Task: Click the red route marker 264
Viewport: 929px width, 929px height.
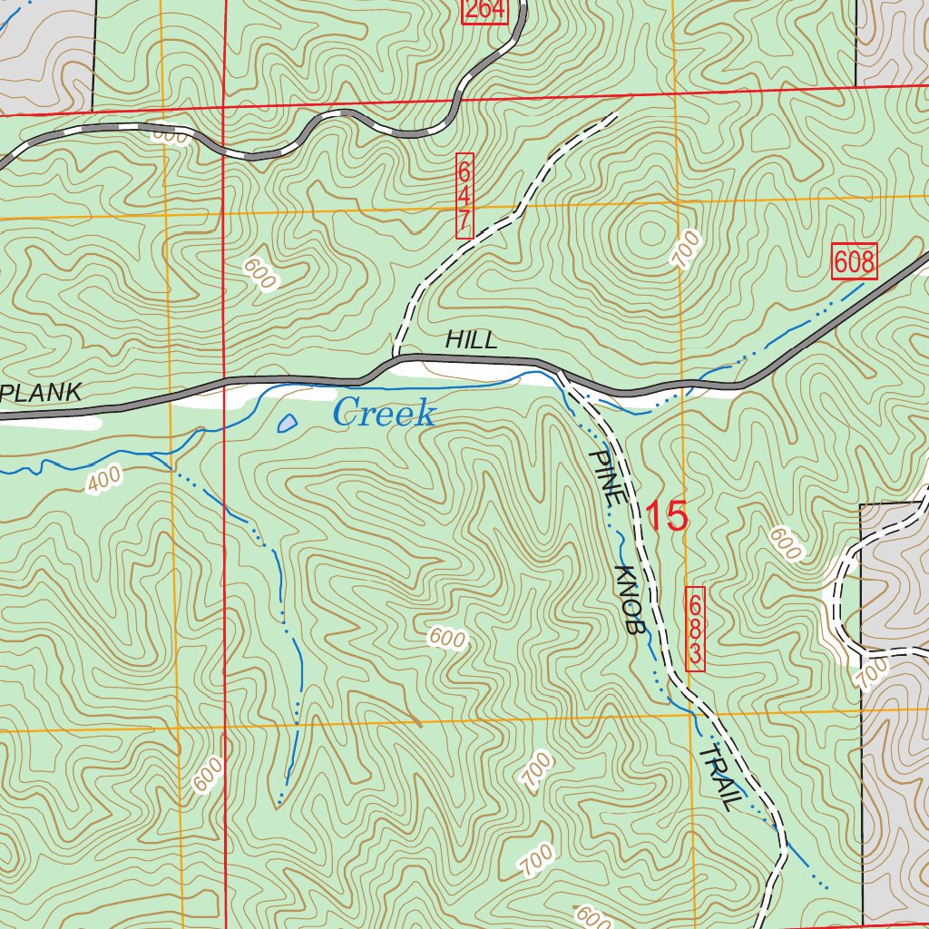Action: click(483, 11)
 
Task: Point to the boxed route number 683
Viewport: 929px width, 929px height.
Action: click(696, 629)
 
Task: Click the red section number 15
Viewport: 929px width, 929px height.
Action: click(667, 516)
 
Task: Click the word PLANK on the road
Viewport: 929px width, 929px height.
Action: click(41, 393)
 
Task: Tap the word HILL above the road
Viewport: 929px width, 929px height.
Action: click(471, 340)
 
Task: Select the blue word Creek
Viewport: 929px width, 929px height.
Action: click(384, 414)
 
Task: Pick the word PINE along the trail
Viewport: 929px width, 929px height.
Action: click(605, 478)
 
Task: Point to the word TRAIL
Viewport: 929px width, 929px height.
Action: click(720, 777)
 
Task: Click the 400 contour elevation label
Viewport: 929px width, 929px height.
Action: click(103, 483)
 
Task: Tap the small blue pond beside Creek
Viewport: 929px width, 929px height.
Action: click(287, 423)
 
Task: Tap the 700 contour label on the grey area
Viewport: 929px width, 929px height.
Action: click(872, 674)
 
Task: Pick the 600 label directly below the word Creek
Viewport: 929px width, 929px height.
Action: click(447, 639)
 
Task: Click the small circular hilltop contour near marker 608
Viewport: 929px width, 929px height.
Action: click(650, 234)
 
